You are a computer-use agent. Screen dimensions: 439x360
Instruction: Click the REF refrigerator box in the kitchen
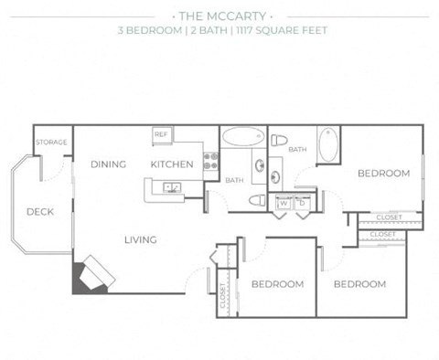click(x=162, y=135)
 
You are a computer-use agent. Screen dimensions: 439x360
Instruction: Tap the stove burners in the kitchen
click(x=211, y=161)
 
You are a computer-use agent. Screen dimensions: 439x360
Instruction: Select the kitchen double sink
click(x=172, y=187)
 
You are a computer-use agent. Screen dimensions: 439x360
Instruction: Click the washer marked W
click(x=284, y=203)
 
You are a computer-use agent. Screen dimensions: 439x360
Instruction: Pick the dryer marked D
click(x=303, y=203)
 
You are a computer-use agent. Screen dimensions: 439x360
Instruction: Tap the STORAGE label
click(x=51, y=143)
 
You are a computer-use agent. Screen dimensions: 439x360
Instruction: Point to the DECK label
click(x=40, y=212)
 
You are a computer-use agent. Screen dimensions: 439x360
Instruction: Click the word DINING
click(x=109, y=164)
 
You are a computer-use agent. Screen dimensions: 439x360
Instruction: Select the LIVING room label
click(x=141, y=240)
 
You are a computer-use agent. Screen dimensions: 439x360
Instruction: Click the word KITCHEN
click(x=172, y=164)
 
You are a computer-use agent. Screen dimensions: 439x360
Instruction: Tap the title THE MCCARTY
click(x=222, y=16)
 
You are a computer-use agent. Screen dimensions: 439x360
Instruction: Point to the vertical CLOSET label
click(x=222, y=295)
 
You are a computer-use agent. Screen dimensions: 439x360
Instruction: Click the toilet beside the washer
click(x=257, y=200)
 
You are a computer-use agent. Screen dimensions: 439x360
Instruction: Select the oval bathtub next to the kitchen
click(x=243, y=136)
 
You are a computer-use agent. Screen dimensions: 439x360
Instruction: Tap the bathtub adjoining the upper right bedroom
click(x=328, y=144)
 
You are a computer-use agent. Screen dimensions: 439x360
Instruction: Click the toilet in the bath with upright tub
click(x=279, y=141)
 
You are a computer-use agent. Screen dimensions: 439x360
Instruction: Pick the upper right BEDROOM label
click(x=384, y=174)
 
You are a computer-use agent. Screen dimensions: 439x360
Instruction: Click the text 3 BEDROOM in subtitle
click(x=150, y=30)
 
